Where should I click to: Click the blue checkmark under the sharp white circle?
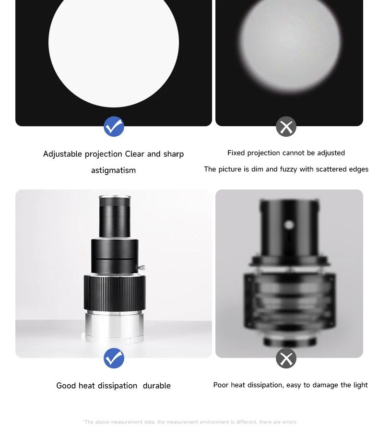pyautogui.click(x=114, y=127)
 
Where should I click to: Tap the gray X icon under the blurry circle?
pyautogui.click(x=286, y=127)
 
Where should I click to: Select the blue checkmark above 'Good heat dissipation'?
pyautogui.click(x=114, y=358)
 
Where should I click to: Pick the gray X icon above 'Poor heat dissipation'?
pyautogui.click(x=286, y=358)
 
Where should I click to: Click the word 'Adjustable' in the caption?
pyautogui.click(x=63, y=154)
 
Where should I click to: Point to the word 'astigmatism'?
pyautogui.click(x=113, y=170)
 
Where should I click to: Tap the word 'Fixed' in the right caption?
pyautogui.click(x=236, y=153)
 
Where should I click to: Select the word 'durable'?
pyautogui.click(x=157, y=386)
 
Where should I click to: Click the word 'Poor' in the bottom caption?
pyautogui.click(x=221, y=385)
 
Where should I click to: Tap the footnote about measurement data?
pyautogui.click(x=189, y=422)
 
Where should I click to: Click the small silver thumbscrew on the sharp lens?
pyautogui.click(x=142, y=267)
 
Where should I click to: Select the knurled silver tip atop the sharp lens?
pyautogui.click(x=115, y=201)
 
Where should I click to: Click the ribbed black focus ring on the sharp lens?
pyautogui.click(x=115, y=293)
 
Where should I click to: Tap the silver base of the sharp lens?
pyautogui.click(x=114, y=326)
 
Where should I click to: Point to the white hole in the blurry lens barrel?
pyautogui.click(x=289, y=225)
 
